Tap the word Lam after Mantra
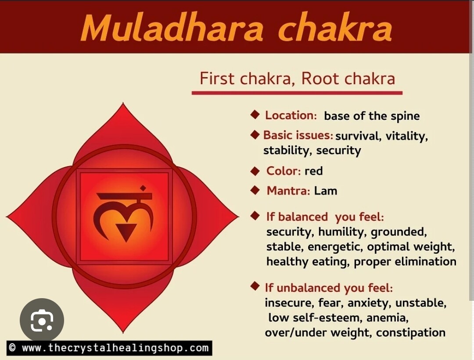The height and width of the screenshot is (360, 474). click(326, 191)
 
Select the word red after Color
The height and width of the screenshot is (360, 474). click(313, 171)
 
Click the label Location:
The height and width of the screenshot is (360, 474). click(291, 115)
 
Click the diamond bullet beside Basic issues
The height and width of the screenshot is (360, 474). click(255, 134)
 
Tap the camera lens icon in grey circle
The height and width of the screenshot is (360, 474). click(42, 320)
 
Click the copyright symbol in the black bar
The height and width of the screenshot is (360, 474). click(12, 347)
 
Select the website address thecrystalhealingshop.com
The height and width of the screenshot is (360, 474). click(115, 348)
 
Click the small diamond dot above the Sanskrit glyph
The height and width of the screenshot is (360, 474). click(143, 188)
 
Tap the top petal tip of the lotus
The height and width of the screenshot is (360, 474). click(123, 103)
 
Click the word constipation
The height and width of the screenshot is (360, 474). click(410, 333)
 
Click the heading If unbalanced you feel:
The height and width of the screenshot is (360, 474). click(329, 288)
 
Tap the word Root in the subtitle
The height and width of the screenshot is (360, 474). click(320, 78)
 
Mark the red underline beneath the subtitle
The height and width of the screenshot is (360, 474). click(297, 93)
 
